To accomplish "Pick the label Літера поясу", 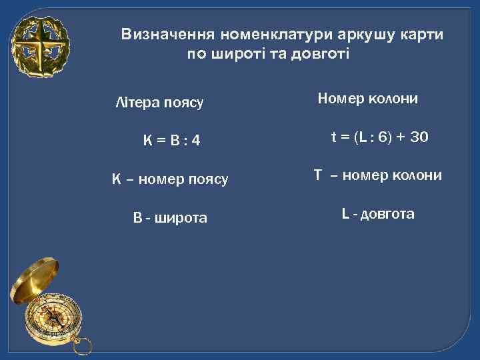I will click(159, 103).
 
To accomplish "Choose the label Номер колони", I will click(368, 99).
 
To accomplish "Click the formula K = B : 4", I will click(172, 141).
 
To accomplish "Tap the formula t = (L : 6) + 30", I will click(380, 138).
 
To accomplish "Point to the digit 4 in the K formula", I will click(197, 141).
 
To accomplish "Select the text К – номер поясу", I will click(170, 179).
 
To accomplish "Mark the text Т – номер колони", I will click(378, 175).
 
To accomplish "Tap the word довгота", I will click(387, 214).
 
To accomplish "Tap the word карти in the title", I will click(423, 35).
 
